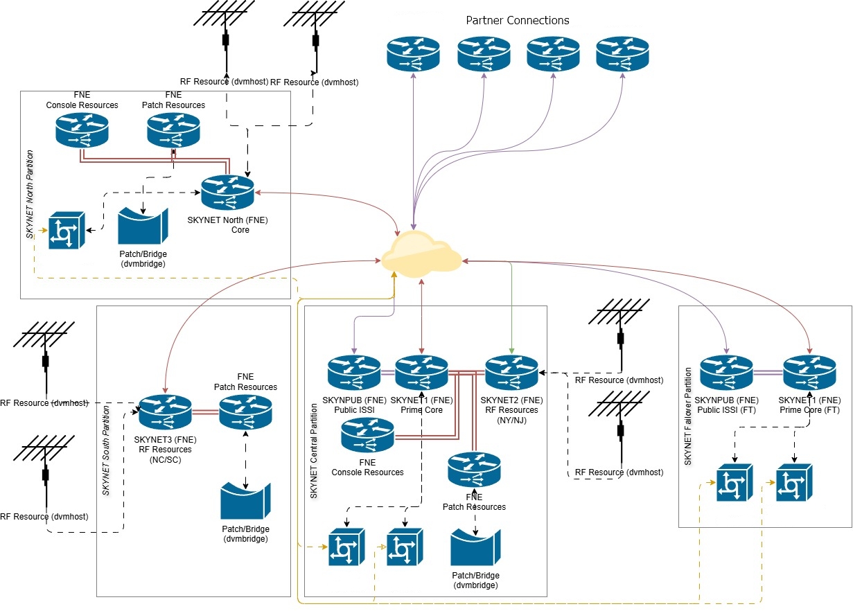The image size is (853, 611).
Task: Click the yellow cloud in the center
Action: (x=421, y=254)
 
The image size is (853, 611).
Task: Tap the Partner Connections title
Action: (x=518, y=20)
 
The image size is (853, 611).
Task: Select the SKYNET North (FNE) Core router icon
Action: (x=228, y=193)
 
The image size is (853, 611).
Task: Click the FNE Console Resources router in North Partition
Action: (x=82, y=130)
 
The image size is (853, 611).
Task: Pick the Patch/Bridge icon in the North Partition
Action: (x=143, y=228)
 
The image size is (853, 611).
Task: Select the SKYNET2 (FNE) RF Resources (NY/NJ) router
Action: (x=511, y=373)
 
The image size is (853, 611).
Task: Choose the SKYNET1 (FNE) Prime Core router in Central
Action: (x=421, y=373)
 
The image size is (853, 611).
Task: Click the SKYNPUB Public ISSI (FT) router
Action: (x=726, y=373)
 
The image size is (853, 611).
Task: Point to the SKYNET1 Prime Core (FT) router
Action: (x=809, y=373)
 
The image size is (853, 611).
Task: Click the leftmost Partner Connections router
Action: (x=414, y=53)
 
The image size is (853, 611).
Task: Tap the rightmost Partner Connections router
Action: (x=622, y=53)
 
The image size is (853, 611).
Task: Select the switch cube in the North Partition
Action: (x=66, y=231)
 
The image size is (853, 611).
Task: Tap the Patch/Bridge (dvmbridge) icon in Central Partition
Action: (x=475, y=549)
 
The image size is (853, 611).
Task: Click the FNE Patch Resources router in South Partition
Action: (x=245, y=414)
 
